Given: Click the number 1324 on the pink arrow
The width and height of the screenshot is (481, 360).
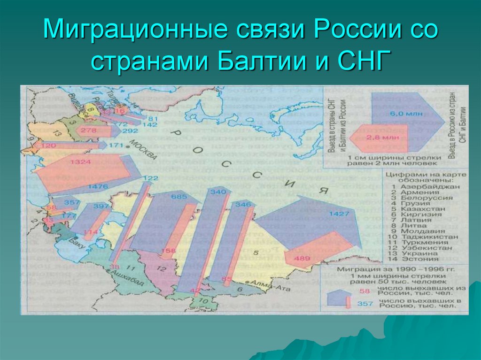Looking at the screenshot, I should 77,161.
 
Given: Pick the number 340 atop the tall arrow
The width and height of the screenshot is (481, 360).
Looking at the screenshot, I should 218,192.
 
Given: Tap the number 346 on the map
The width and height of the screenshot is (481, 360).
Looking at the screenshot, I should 243,204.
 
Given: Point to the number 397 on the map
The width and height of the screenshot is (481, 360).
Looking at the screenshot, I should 101,206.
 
